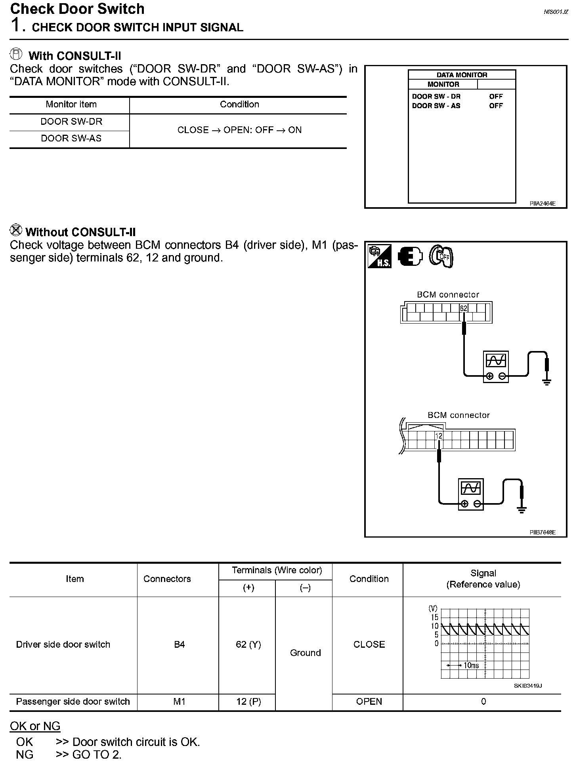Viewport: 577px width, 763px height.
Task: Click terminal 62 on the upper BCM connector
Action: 464,308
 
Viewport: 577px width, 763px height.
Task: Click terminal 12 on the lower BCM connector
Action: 439,436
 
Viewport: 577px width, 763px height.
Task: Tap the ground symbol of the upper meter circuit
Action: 547,382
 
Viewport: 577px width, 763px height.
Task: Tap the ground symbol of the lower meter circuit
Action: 522,510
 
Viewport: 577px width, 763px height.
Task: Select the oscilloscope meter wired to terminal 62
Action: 496,366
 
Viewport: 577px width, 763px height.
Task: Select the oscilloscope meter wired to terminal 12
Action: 471,494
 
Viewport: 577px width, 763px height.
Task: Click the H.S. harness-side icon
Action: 380,256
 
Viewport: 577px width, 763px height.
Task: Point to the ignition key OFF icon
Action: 441,257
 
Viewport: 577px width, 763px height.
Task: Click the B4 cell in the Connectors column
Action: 179,645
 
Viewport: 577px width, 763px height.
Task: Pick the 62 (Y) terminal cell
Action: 248,645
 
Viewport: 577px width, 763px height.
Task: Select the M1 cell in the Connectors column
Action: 179,702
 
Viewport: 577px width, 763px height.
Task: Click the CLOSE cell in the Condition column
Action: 369,645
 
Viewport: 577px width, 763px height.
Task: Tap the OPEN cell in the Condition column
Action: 369,702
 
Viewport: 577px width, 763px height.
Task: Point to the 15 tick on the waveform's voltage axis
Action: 434,617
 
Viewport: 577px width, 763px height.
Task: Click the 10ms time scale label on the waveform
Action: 471,666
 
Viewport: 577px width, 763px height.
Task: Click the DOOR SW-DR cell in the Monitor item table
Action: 71,122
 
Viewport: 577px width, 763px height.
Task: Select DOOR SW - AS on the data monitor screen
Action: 436,106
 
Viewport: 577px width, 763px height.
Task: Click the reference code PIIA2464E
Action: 543,204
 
